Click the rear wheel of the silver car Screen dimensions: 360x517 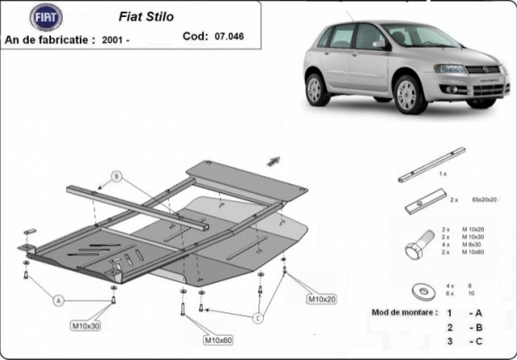[x=316, y=89]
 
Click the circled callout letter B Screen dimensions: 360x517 [x=116, y=176]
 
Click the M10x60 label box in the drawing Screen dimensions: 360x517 [x=219, y=340]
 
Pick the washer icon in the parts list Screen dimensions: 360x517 [x=419, y=290]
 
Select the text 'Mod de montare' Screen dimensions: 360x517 [x=404, y=312]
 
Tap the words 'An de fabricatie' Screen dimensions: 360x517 [x=51, y=40]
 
